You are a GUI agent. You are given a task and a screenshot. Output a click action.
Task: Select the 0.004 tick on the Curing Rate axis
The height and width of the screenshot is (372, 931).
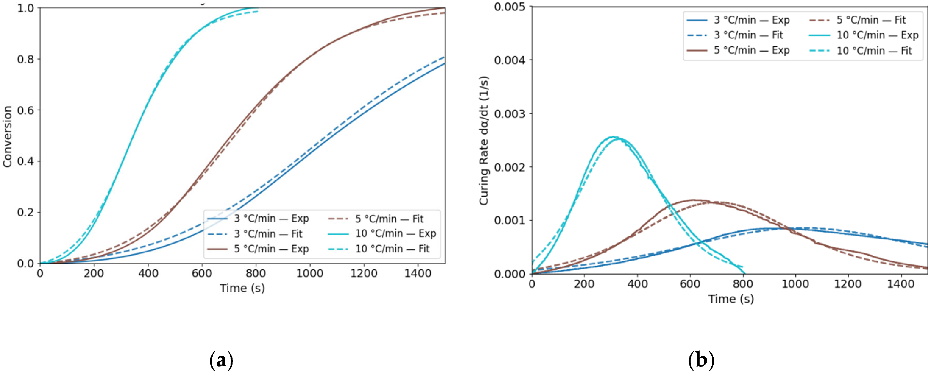coord(510,60)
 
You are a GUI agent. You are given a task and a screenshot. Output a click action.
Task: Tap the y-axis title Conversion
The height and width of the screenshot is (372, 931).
coord(7,137)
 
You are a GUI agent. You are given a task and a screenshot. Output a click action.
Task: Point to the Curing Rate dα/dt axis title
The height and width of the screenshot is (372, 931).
coord(484,140)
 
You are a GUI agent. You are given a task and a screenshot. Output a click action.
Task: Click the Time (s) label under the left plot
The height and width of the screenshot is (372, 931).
coord(242,288)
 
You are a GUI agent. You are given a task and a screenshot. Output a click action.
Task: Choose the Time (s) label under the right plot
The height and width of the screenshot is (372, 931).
coord(731,299)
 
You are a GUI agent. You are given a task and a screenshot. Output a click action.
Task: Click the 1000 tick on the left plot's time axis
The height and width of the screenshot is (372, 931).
coord(310,273)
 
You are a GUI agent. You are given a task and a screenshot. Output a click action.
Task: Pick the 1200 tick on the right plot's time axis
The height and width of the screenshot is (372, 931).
coord(848,284)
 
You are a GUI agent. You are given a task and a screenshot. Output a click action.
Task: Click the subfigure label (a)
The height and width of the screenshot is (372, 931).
coord(221,360)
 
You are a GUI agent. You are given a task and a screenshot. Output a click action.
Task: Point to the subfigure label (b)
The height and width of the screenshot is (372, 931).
coord(701,360)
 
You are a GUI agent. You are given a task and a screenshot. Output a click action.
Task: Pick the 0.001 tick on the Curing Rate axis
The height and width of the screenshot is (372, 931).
coord(510,221)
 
